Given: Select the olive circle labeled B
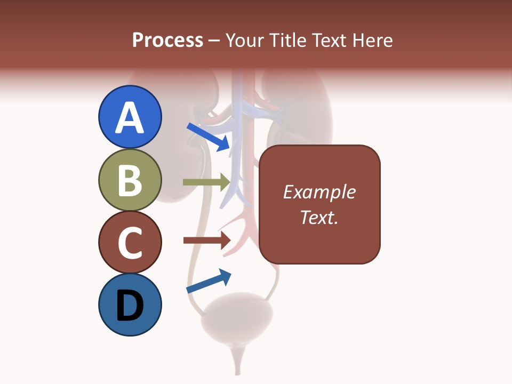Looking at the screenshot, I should pos(130,180).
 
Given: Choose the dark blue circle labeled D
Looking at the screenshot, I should pos(130,305).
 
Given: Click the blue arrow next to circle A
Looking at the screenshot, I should pos(209,137).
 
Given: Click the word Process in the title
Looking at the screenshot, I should pos(167,40).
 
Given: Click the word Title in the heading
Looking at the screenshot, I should pos(287,40).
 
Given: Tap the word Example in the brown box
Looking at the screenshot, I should pos(319,192).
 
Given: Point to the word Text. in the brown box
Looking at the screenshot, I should pos(319,217).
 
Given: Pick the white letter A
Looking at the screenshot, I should pos(130,118).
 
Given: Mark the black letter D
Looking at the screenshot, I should pos(130,306).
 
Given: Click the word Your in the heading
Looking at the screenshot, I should pos(246,40).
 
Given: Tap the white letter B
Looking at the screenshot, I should pos(130,181).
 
